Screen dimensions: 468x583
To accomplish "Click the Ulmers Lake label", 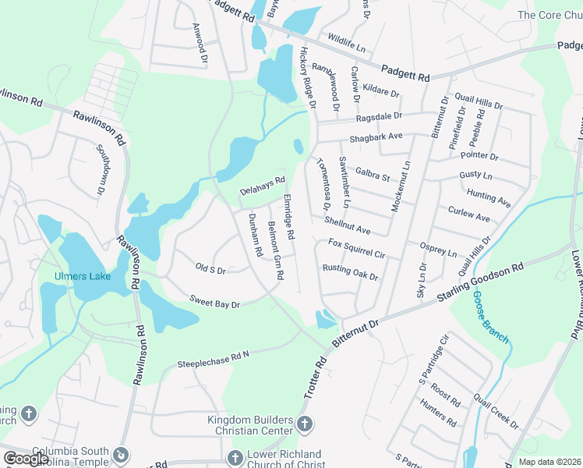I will coord(82,276).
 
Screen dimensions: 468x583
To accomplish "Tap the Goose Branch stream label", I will coord(491,317).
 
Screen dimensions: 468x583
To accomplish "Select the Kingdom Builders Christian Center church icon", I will coord(304,425).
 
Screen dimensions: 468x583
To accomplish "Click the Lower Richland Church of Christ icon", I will coord(235,458).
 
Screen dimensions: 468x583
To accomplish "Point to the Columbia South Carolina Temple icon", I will coord(121,454).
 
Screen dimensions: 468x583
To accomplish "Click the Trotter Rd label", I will coord(321,377).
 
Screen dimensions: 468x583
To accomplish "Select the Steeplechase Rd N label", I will coord(213,359).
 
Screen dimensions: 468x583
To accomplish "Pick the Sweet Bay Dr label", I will coord(214,301).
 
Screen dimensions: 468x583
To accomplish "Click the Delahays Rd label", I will coord(263,186).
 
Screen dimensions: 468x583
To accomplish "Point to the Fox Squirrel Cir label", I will coord(356,249).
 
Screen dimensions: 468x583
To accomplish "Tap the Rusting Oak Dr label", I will coord(350,272).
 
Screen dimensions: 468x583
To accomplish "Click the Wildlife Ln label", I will coord(346,42).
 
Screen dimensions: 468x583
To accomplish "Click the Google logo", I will coord(26,458).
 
